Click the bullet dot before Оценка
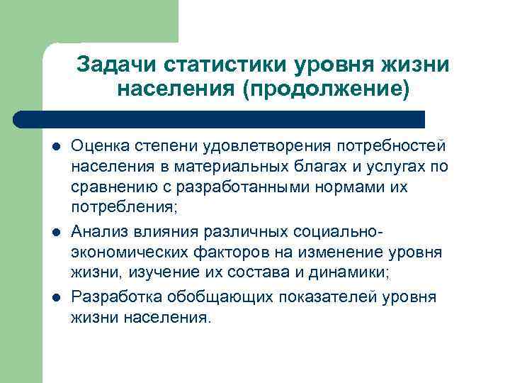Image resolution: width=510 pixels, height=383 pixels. (56, 148)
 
